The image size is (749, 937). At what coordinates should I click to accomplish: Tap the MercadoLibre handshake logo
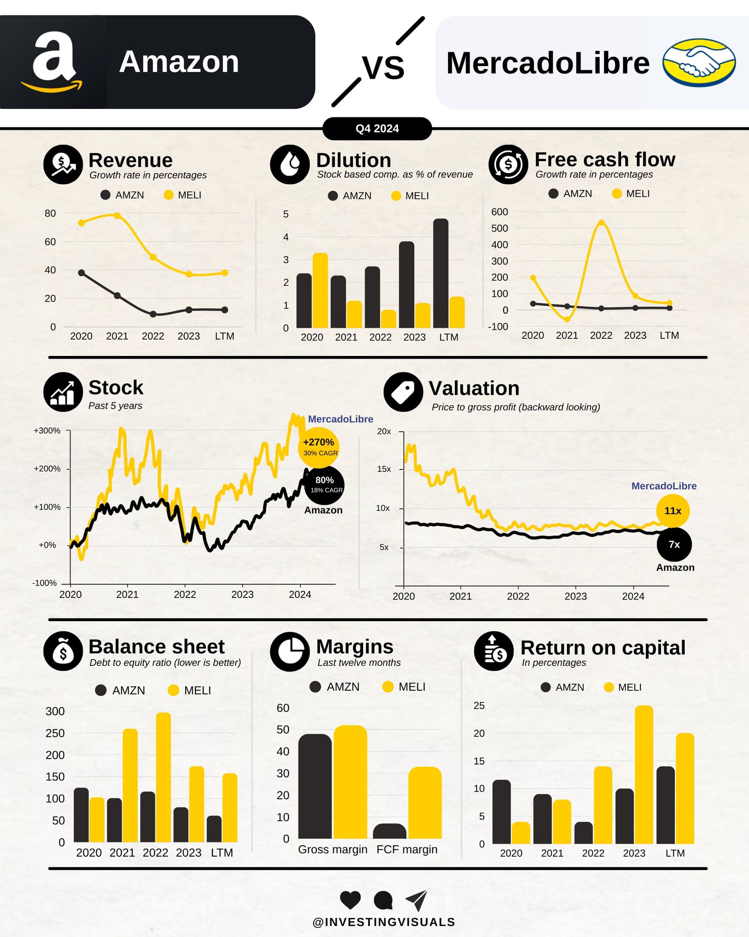tap(699, 62)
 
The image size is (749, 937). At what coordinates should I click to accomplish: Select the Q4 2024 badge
tap(377, 129)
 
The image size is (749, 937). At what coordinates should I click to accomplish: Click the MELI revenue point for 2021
tap(117, 215)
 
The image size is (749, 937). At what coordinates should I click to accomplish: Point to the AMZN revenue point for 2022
tap(153, 314)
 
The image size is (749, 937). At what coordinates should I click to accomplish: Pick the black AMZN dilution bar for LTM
tap(440, 274)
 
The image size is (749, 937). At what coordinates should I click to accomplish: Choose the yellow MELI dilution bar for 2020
tap(320, 290)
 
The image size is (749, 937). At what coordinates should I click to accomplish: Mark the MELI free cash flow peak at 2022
tap(601, 223)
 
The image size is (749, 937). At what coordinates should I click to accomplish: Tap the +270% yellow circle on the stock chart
tap(319, 447)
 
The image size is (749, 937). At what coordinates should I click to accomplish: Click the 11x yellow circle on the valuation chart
tap(673, 511)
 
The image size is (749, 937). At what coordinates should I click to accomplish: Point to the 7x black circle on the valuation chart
tap(674, 544)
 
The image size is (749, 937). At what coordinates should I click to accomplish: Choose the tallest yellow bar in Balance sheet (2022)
tap(163, 778)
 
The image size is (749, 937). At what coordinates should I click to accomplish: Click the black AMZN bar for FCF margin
tap(389, 831)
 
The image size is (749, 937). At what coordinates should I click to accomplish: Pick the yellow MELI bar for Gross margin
tap(350, 782)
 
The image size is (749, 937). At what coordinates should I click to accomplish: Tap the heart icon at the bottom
tap(350, 900)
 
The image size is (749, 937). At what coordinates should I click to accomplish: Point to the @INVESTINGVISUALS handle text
tap(383, 922)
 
